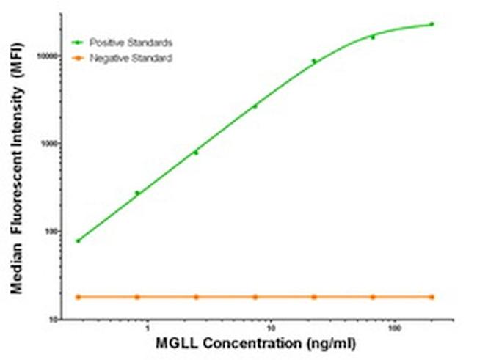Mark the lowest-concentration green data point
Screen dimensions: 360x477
tap(78, 240)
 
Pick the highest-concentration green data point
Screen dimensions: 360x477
tap(432, 24)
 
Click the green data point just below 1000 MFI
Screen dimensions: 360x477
tap(196, 153)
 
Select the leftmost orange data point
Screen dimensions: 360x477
tap(78, 297)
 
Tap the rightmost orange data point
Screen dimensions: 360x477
tap(432, 297)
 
